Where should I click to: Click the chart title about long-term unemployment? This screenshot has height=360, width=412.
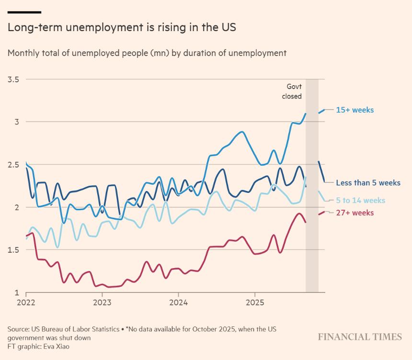[122, 28]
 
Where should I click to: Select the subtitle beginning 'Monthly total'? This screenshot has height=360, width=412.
[147, 53]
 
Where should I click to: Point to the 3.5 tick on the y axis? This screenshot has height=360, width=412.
[13, 79]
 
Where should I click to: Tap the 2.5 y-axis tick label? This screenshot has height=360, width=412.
[13, 165]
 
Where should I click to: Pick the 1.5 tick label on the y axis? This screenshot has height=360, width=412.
[13, 250]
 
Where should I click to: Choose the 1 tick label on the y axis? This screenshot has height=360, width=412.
[16, 292]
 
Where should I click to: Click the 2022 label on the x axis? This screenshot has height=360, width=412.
[26, 302]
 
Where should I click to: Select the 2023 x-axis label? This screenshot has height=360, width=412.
[102, 302]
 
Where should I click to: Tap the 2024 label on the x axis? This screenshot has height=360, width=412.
[178, 302]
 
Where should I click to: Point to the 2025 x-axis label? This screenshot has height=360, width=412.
[254, 302]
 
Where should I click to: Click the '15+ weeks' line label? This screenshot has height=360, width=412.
[355, 110]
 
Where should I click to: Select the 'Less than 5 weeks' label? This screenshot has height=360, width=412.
[368, 183]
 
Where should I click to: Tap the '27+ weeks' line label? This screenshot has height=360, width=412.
[355, 213]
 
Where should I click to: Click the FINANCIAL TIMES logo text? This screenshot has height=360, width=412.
[360, 337]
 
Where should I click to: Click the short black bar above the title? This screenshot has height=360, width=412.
[24, 12]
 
